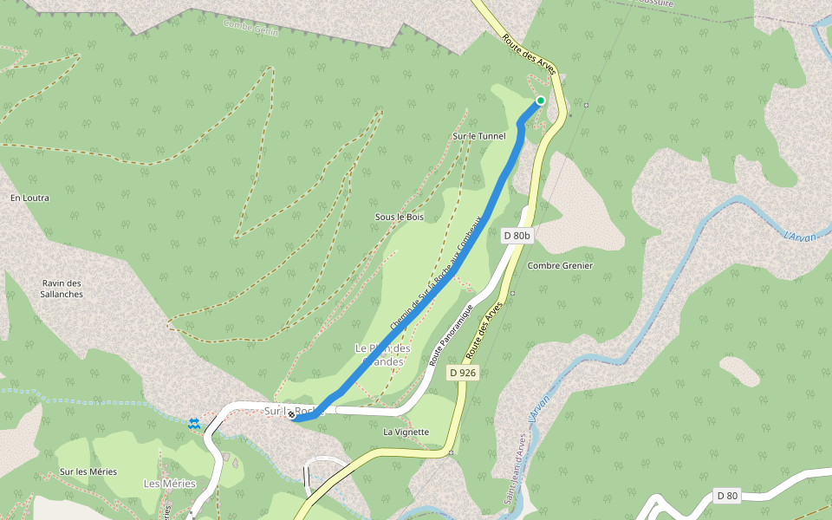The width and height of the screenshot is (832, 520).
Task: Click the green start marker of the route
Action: click(541, 101)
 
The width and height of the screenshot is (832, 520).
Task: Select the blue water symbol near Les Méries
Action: click(193, 423)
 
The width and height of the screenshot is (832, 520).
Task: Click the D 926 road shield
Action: click(463, 373)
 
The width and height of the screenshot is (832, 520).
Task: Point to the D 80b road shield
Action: click(517, 235)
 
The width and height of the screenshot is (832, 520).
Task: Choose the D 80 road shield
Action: click(727, 496)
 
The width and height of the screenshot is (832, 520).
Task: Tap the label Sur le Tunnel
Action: click(479, 136)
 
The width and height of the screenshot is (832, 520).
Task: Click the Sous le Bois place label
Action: click(400, 217)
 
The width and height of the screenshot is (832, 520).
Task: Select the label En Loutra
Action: click(29, 198)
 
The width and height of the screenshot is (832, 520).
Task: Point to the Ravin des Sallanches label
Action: click(62, 289)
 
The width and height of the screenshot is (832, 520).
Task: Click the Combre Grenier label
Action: click(560, 265)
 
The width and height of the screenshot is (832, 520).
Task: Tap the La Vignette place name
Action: click(406, 432)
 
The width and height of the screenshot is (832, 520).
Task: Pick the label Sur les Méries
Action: click(88, 471)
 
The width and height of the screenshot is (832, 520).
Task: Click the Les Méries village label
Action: click(170, 483)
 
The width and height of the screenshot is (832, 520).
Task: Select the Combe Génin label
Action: click(250, 27)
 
